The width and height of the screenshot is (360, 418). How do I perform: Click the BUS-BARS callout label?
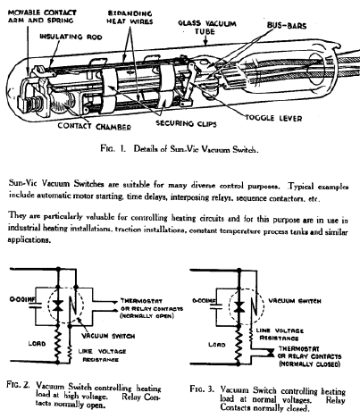point(287,25)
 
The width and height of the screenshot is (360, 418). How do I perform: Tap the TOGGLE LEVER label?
point(273,118)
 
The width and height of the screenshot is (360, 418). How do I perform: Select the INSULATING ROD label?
point(71,37)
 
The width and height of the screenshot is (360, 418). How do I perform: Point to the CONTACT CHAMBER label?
point(95,126)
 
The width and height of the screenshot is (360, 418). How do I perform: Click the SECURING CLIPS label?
point(186,123)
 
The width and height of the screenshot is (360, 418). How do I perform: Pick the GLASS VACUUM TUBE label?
point(207,27)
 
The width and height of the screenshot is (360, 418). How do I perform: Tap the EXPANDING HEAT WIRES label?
point(130,18)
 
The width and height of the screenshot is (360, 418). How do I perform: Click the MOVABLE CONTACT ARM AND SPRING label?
point(42,17)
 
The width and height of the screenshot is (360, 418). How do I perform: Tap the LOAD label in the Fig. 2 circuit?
point(37,343)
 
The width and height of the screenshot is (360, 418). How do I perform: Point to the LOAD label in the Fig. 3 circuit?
point(217,345)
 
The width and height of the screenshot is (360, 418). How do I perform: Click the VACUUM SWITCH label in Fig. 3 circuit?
point(295,301)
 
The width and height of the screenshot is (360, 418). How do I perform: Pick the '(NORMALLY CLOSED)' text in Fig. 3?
point(310,364)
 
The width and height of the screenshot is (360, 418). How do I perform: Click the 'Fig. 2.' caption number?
point(18,385)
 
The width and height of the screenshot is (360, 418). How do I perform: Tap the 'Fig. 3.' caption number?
point(202,389)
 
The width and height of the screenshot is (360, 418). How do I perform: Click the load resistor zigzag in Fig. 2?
point(58,341)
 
